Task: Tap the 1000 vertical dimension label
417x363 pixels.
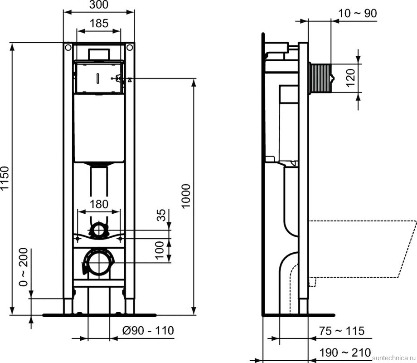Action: (x=186, y=196)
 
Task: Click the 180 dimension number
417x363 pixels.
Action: (x=99, y=204)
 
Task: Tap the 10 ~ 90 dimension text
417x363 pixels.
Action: (x=358, y=14)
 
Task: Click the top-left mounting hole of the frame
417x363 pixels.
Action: (x=68, y=47)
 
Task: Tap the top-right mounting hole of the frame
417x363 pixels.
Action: (x=130, y=47)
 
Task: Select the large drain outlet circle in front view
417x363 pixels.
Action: (x=99, y=262)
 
